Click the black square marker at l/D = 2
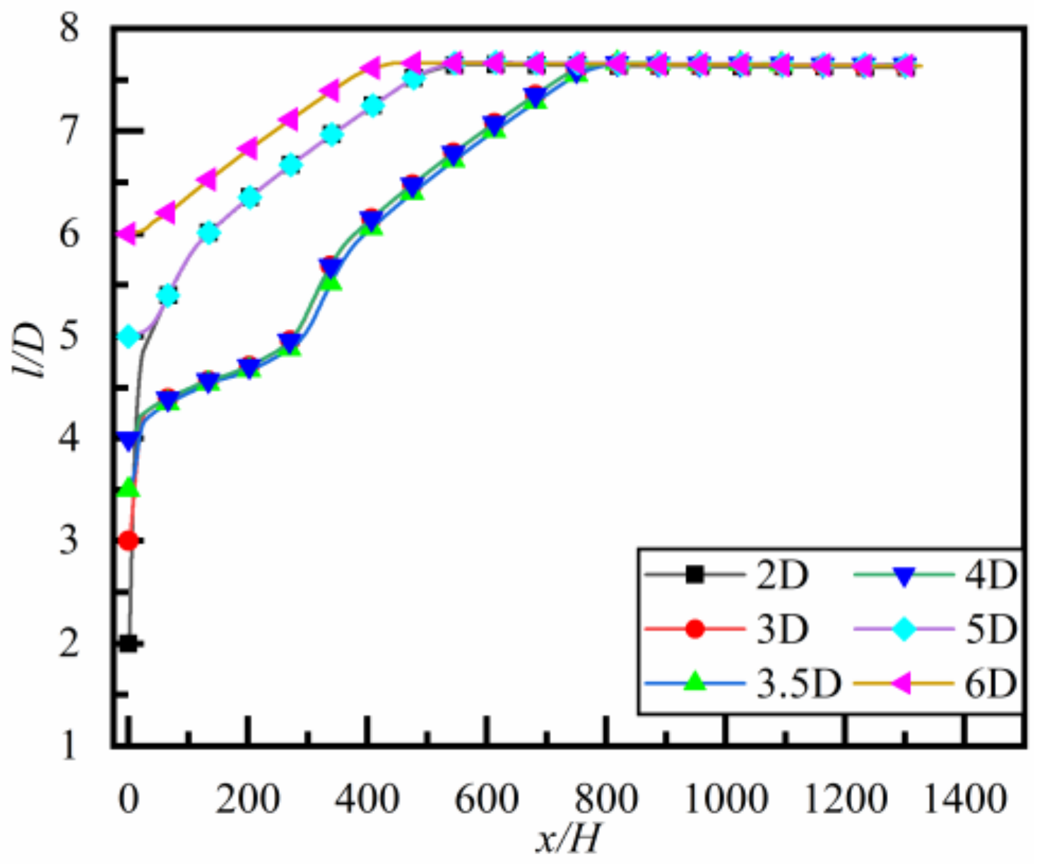click(129, 643)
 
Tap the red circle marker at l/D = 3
click(129, 541)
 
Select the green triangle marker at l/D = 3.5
click(129, 488)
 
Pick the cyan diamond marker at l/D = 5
click(129, 336)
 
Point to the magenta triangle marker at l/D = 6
click(127, 234)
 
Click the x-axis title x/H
click(569, 840)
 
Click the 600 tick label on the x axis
click(487, 800)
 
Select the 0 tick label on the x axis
click(129, 800)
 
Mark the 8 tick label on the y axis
click(69, 30)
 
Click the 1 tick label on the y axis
click(69, 745)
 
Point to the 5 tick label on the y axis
click(69, 336)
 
